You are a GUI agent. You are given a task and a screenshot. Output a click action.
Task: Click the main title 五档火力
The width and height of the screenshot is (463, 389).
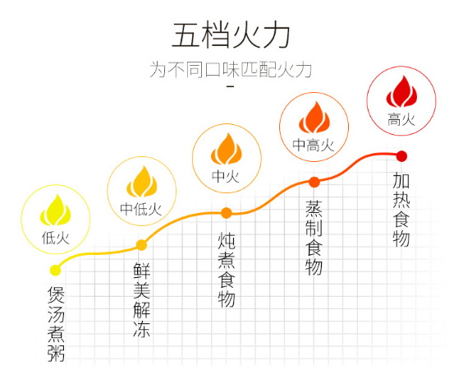[231, 35]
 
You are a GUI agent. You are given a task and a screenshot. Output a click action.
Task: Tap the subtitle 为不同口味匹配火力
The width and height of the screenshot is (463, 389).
[231, 70]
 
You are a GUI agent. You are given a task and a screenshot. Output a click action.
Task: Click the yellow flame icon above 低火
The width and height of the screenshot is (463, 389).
[56, 210]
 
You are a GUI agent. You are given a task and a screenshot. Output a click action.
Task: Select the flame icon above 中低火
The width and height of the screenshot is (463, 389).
[142, 181]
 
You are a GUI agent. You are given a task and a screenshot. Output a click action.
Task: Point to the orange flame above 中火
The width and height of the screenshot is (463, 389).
[227, 149]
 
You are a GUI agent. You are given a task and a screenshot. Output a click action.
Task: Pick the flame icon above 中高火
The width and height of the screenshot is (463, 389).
[314, 117]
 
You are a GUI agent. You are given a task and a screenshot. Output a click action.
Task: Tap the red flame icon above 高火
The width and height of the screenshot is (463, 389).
[401, 91]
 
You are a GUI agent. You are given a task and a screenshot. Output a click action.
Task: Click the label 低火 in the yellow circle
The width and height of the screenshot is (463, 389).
[56, 238]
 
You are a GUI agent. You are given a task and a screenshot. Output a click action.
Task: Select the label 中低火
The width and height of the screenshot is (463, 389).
[141, 209]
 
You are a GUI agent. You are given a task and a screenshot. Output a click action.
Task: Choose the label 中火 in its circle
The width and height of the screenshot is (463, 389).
[226, 176]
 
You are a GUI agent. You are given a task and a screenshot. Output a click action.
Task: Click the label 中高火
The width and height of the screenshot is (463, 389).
[314, 145]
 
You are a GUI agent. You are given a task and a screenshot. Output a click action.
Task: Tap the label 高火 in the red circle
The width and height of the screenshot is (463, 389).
[401, 120]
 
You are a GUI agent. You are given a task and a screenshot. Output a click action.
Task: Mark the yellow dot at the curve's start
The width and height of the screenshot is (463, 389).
[55, 270]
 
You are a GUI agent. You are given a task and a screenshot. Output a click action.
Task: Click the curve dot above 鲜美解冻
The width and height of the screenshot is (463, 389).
[141, 245]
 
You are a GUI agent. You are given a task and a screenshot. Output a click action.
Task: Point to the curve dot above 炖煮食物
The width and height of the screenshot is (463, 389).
[227, 213]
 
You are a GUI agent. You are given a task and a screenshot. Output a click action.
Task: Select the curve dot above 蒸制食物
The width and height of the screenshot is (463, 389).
[314, 182]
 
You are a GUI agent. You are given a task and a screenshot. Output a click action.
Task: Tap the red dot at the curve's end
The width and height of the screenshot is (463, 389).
[401, 156]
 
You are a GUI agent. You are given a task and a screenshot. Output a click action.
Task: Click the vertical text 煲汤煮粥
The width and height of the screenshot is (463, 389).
[56, 324]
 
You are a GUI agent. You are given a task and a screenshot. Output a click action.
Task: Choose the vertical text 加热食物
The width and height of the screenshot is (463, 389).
[401, 210]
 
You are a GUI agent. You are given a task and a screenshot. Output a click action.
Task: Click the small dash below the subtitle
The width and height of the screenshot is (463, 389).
[231, 86]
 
